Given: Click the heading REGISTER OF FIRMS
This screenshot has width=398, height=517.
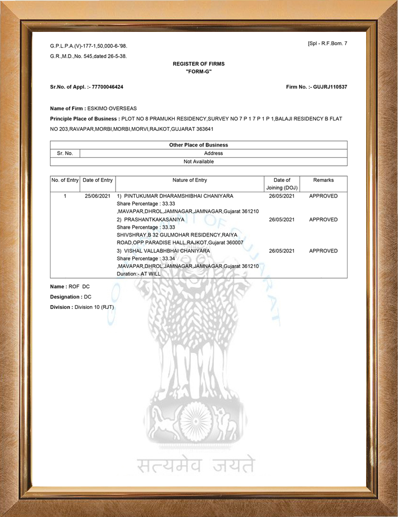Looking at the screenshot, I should point(199,63).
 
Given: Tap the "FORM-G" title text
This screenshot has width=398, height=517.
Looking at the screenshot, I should point(199,71).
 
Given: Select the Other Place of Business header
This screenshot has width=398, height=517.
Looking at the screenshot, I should point(199,145).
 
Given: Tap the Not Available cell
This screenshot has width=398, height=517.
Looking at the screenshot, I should point(199,161).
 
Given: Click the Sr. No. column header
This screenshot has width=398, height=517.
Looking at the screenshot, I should point(65,153).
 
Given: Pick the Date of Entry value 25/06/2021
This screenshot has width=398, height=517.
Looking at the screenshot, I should point(98,196).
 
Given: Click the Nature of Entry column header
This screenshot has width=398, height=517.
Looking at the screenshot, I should point(189,180).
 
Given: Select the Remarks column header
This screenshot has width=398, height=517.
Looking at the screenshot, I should point(323,180).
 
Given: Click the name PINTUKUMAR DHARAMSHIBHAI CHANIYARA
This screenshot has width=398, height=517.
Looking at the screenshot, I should point(179,196).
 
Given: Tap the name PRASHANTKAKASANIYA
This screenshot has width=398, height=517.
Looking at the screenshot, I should point(154,219).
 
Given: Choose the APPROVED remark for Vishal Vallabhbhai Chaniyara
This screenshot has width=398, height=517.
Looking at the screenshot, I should point(323,250).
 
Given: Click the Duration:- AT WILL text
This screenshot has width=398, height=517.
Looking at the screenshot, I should point(139,274).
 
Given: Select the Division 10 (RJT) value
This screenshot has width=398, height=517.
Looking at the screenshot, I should point(94,307).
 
